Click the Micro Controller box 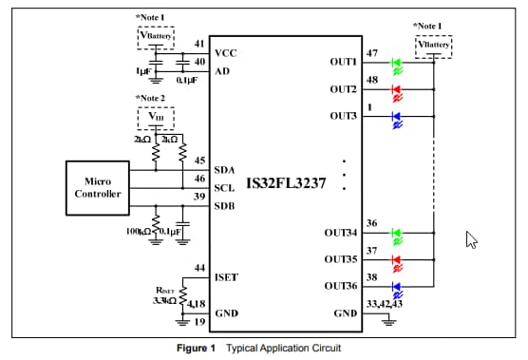pos(98,187)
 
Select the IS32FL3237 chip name pos(287,182)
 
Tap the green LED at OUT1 pos(398,66)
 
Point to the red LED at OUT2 pos(398,92)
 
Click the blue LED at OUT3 pos(398,118)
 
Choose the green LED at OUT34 pos(398,233)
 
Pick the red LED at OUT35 pos(398,258)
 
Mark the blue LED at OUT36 pos(398,285)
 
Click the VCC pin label pos(226,53)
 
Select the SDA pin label pos(226,170)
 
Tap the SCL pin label pos(226,188)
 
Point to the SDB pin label pos(226,206)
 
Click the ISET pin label pos(227,277)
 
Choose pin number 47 pos(371,52)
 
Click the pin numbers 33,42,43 pos(385,304)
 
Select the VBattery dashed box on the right pos(433,45)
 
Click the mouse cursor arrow pos(470,239)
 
